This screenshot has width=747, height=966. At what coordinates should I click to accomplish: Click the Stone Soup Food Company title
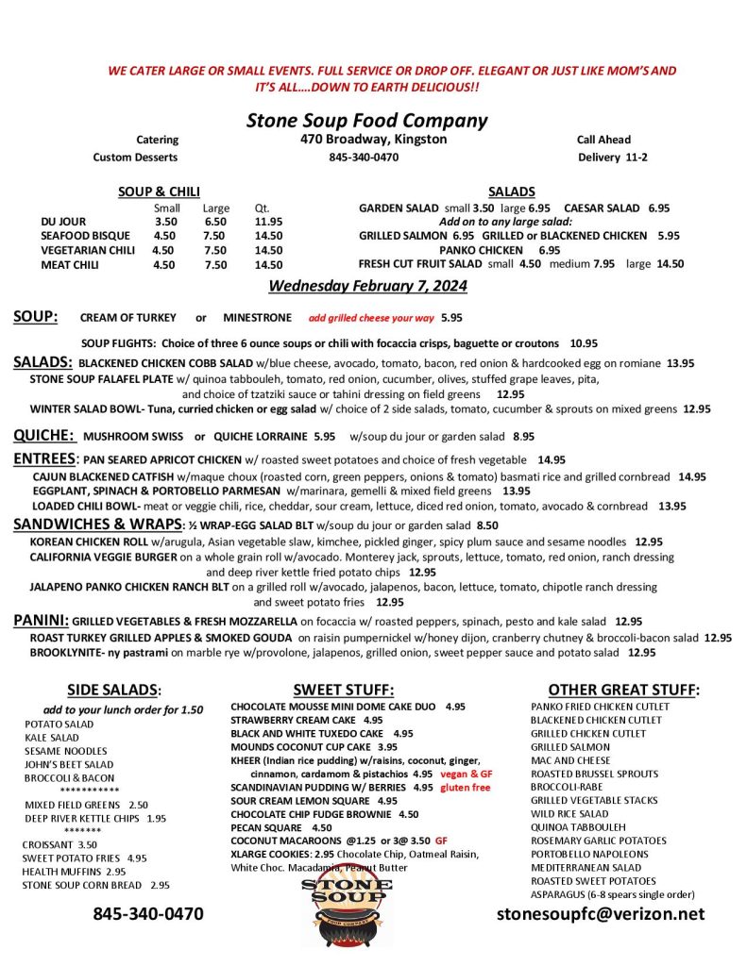366,121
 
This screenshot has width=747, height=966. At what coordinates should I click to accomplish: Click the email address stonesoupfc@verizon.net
601,913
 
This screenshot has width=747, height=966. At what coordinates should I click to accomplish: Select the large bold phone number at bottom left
148,913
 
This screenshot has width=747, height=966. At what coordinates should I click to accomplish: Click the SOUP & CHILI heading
159,192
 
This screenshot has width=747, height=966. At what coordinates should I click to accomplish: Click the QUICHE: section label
44,435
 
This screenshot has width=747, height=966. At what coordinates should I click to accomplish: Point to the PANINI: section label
41,620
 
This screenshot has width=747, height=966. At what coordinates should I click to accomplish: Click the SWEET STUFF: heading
343,690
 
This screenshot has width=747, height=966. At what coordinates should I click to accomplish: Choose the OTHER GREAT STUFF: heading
623,690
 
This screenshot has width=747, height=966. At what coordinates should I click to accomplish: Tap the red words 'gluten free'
466,787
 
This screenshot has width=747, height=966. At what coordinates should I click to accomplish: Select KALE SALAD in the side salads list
52,738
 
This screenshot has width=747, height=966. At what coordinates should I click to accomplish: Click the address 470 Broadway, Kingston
367,140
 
